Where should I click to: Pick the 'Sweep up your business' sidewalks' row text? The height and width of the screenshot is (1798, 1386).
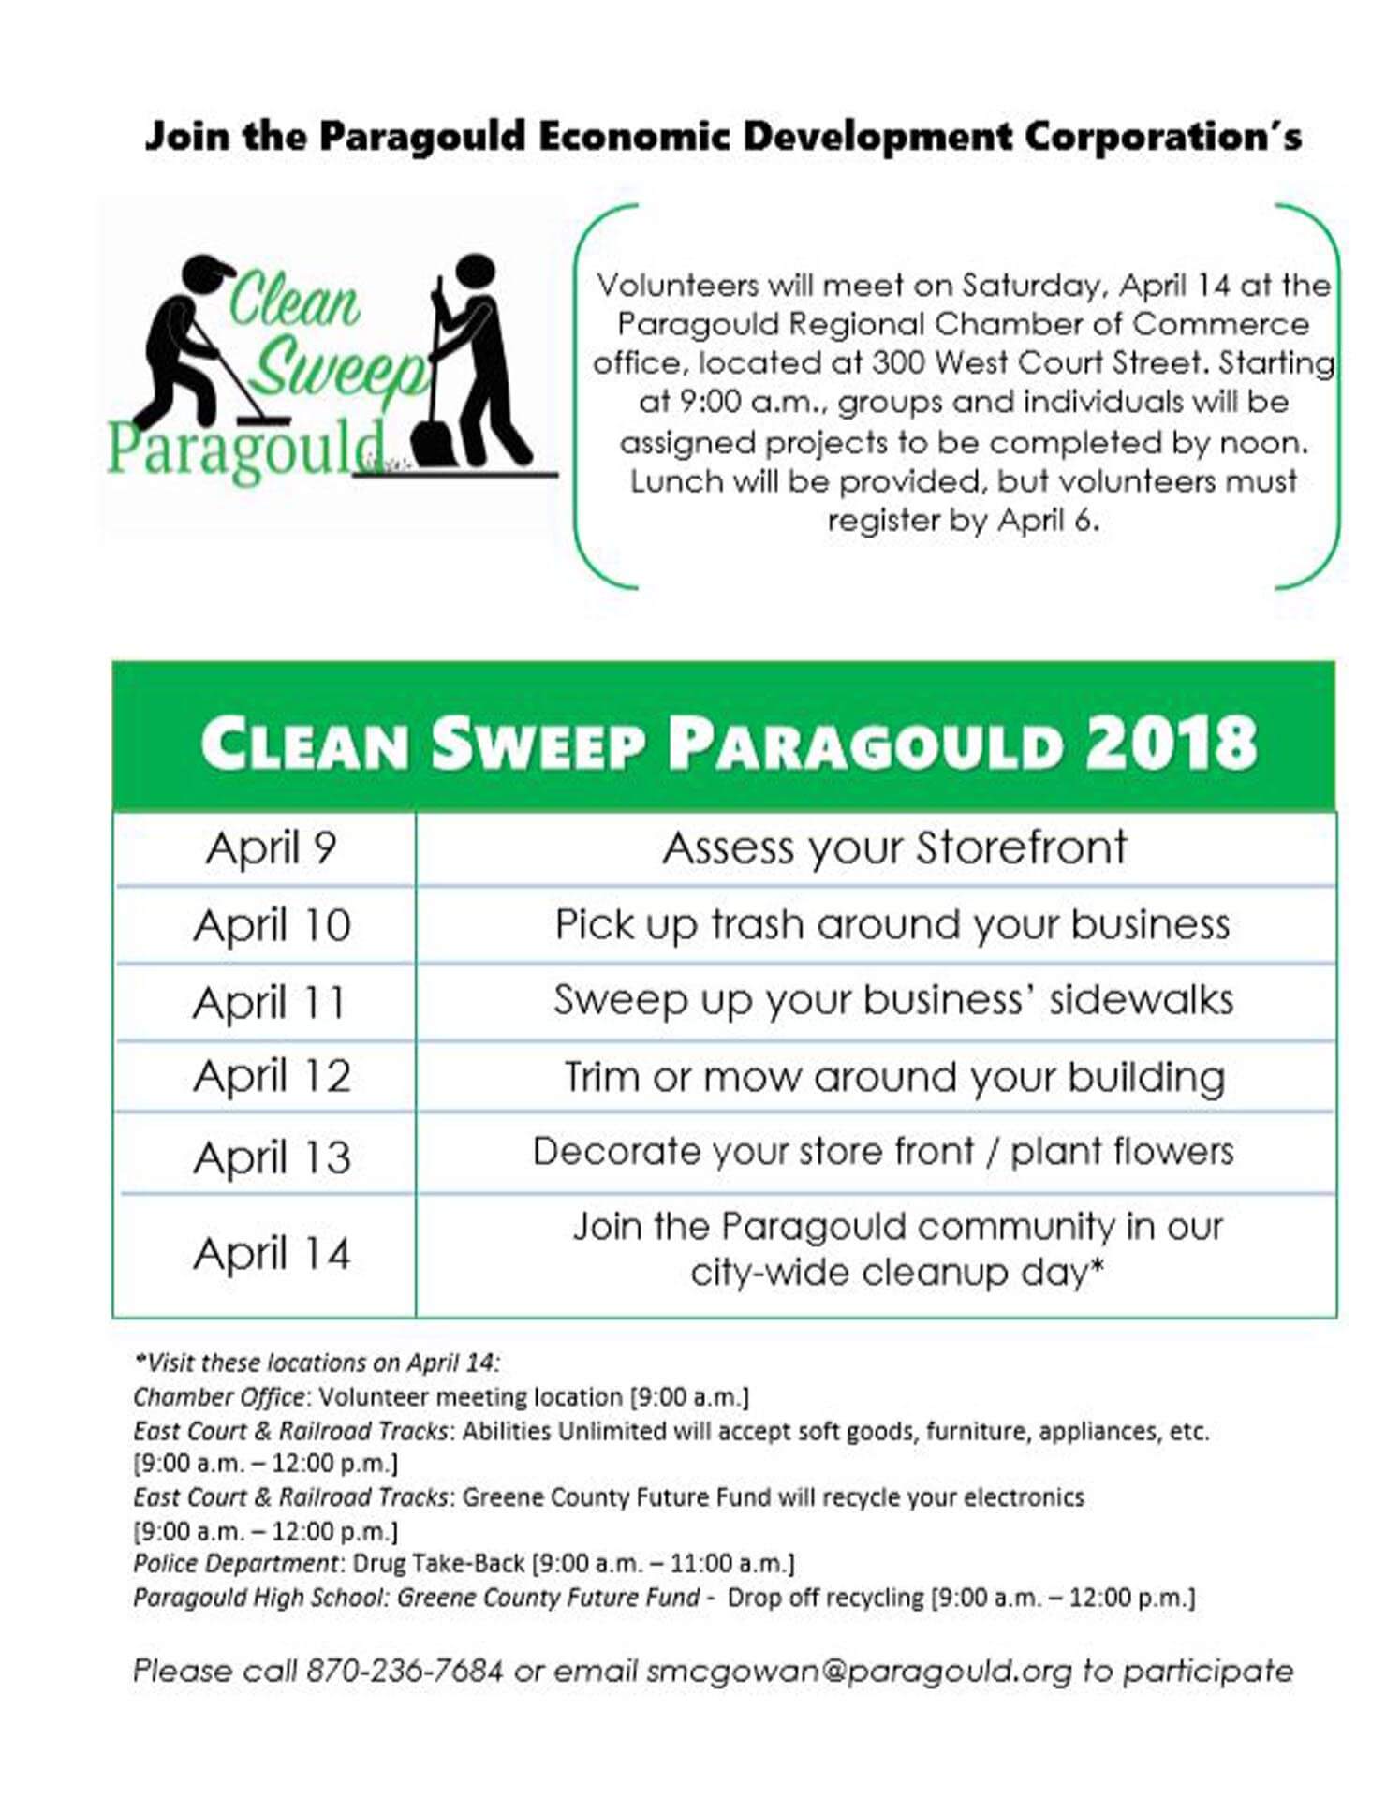pyautogui.click(x=893, y=1000)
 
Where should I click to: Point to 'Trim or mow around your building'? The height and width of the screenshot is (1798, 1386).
pyautogui.click(x=894, y=1077)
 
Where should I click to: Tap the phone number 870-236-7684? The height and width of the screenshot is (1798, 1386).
pyautogui.click(x=405, y=1671)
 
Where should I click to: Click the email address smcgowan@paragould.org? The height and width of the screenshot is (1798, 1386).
pyautogui.click(x=859, y=1671)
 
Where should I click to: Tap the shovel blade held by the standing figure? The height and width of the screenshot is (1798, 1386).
pyautogui.click(x=434, y=441)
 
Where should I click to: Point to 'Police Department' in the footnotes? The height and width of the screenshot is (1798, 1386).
pyautogui.click(x=235, y=1563)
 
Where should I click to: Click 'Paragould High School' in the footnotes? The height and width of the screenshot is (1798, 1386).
pyautogui.click(x=260, y=1597)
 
